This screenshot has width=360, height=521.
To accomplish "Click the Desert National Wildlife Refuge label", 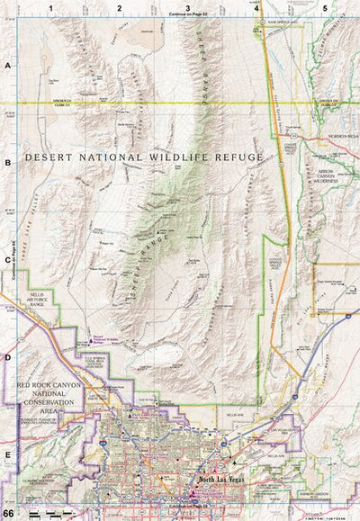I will [x=144, y=157].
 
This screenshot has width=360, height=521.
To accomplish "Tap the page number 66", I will [x=9, y=514].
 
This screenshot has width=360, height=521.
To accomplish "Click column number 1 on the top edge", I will [x=52, y=7].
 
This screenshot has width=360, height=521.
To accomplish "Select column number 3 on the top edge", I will [x=187, y=7].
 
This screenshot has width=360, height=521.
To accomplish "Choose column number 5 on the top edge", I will [x=325, y=7].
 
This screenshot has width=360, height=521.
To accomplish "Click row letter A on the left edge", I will [x=7, y=67].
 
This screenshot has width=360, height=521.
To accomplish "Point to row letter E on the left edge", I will [x=7, y=455].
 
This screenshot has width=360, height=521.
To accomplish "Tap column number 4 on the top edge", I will [x=256, y=7].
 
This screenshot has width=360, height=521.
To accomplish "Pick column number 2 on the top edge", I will [x=120, y=7].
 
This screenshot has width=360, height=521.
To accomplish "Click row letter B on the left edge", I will [x=7, y=164].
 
